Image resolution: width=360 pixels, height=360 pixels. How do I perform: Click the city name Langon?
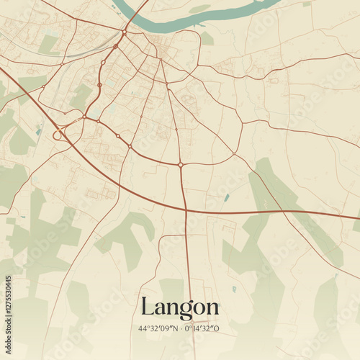(x=180, y=307)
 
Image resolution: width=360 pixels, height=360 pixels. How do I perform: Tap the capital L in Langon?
(x=146, y=306)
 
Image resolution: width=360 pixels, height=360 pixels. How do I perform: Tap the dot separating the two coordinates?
(x=180, y=328)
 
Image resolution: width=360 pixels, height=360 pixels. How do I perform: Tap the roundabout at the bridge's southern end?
(x=124, y=32)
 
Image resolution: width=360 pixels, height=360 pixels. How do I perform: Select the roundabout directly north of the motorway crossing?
(x=180, y=165)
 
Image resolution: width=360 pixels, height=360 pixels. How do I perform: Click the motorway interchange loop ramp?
(x=57, y=135)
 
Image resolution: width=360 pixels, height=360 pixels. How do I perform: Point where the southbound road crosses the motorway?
(x=186, y=210)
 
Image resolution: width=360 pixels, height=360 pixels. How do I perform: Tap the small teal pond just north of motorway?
(x=227, y=197)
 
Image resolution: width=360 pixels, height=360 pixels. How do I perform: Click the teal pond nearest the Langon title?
(x=233, y=289)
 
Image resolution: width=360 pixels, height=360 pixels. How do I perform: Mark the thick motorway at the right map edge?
(x=353, y=215)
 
